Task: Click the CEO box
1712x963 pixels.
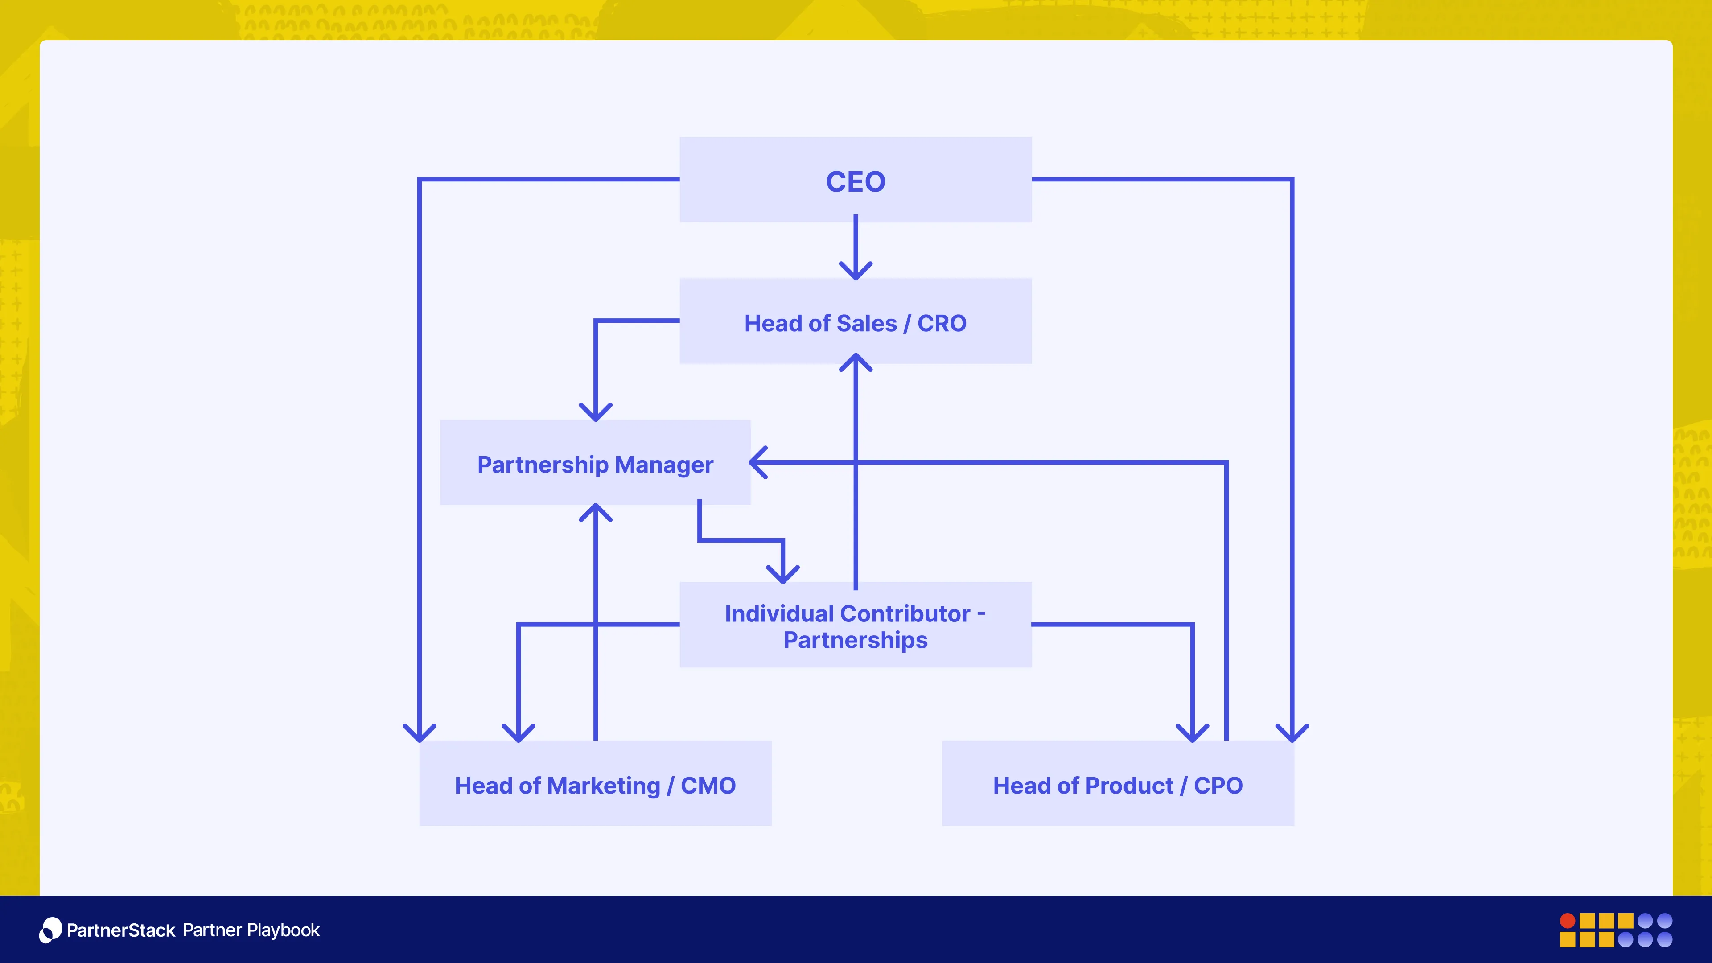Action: (x=856, y=180)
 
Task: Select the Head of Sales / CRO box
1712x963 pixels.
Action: (x=856, y=321)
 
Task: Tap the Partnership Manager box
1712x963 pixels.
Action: (x=595, y=463)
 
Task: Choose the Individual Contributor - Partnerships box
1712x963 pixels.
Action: (x=856, y=626)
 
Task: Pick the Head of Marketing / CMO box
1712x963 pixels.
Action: (x=595, y=784)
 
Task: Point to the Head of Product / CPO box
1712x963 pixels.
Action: (x=1118, y=784)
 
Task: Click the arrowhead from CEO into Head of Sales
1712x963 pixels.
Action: (x=856, y=271)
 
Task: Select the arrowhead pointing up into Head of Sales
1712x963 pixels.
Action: (x=856, y=362)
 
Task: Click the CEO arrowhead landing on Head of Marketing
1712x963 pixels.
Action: (x=420, y=733)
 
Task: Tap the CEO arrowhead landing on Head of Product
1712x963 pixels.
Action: (x=1292, y=733)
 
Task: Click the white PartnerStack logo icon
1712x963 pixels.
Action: (x=50, y=930)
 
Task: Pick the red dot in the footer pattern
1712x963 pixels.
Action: (x=1567, y=921)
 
